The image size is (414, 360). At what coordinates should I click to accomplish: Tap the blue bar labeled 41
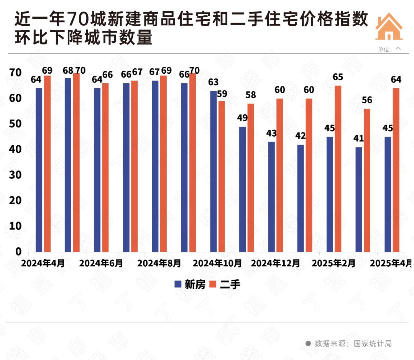click(359, 199)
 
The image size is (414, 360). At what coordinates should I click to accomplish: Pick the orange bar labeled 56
click(367, 180)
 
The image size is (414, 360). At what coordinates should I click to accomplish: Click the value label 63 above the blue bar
click(213, 82)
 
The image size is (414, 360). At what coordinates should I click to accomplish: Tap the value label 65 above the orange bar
click(338, 77)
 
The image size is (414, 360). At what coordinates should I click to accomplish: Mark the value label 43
click(271, 134)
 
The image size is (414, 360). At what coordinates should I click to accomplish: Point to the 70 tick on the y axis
click(16, 73)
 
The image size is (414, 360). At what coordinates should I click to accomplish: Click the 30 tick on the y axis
click(16, 175)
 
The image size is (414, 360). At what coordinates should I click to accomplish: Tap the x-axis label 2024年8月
click(159, 264)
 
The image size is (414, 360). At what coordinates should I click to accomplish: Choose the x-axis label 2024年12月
click(275, 264)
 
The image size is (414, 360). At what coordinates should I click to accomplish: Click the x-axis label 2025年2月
click(333, 264)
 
